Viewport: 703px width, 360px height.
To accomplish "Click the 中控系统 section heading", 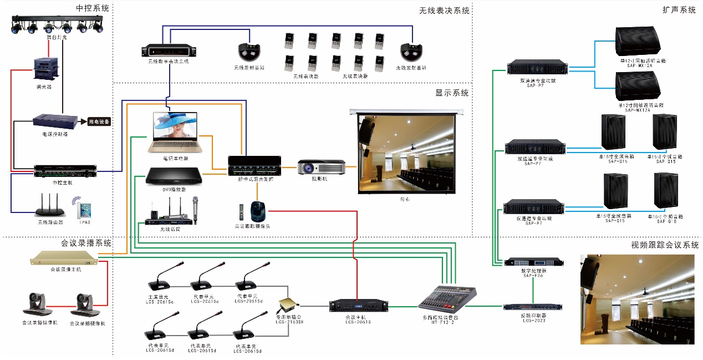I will (x=93, y=8).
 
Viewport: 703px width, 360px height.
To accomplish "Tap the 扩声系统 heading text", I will (x=679, y=10).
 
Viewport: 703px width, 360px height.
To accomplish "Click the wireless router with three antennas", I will (x=49, y=207).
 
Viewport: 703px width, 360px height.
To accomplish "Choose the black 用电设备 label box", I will (x=99, y=121).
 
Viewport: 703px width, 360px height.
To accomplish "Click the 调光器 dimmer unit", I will (x=45, y=69).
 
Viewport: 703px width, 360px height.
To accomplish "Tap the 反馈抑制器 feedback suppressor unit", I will (x=533, y=307).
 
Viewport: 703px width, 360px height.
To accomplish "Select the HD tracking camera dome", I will (x=256, y=211).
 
